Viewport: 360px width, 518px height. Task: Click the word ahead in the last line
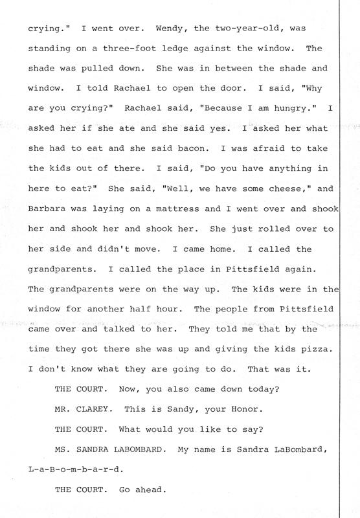152,490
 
